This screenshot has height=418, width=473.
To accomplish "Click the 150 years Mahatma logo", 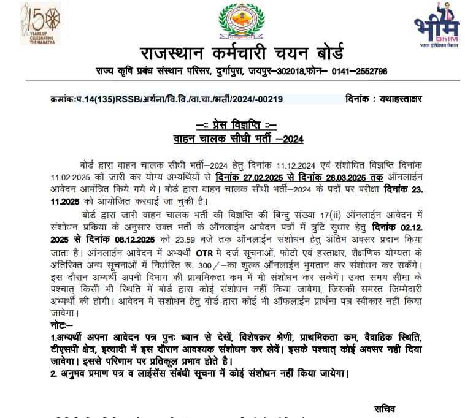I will click(40, 23).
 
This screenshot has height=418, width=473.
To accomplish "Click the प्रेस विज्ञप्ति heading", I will click(236, 126).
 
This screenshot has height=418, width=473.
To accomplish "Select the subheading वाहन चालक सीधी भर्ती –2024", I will click(237, 139).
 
